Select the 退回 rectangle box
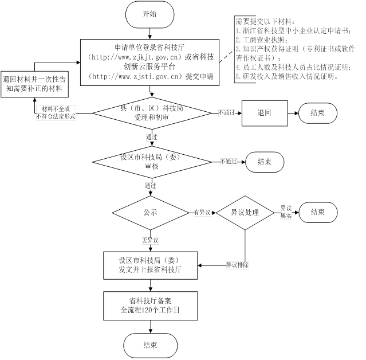tap(264, 113)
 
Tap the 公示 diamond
tap(150, 212)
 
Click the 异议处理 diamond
tap(245, 212)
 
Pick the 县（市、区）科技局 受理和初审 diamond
tap(149, 112)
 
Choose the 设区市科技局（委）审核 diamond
tap(149, 162)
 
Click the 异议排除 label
tap(237, 265)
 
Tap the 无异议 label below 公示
tap(150, 239)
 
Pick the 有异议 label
tap(203, 213)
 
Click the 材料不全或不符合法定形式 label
tap(56, 112)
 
